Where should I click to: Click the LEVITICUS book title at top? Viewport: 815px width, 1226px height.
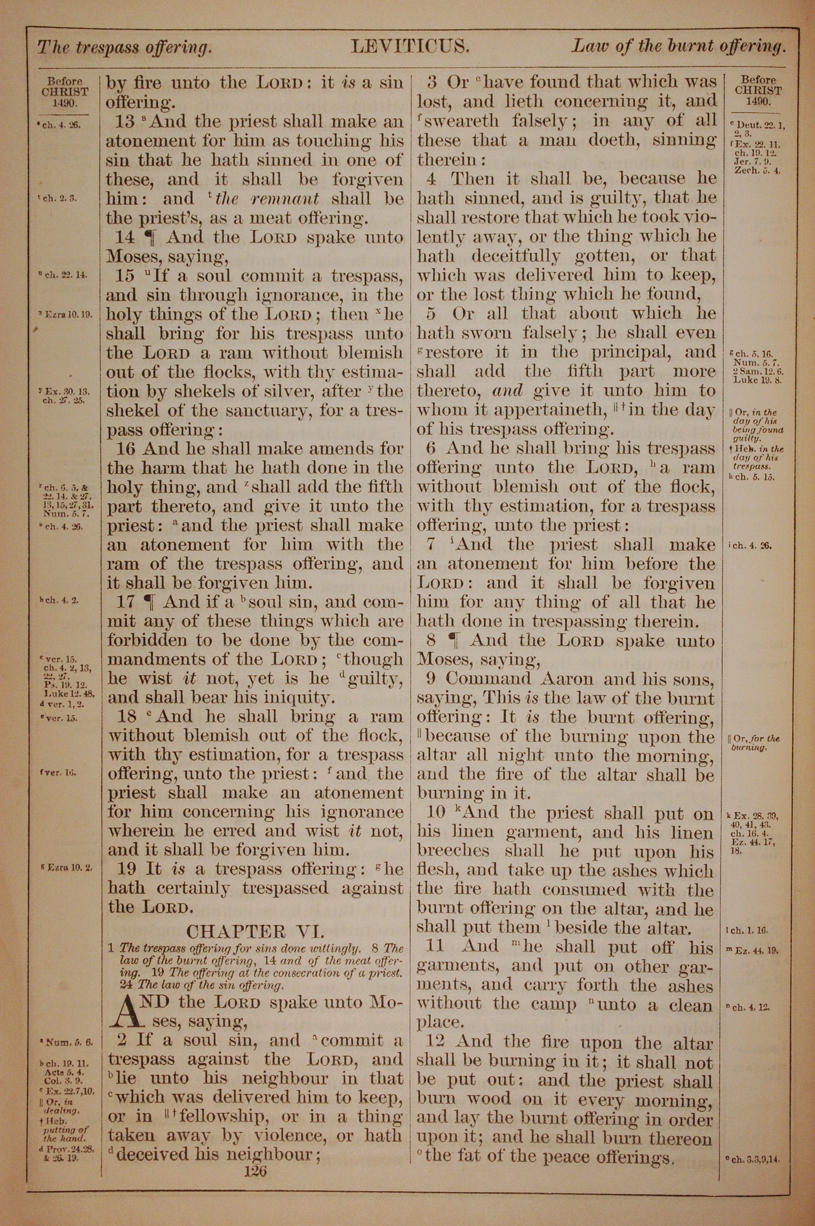410,47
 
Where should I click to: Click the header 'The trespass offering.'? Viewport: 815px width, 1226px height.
124,48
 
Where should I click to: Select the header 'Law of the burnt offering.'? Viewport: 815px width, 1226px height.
678,47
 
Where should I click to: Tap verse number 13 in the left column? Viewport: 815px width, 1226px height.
125,121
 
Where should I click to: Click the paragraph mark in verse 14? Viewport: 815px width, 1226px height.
150,238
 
